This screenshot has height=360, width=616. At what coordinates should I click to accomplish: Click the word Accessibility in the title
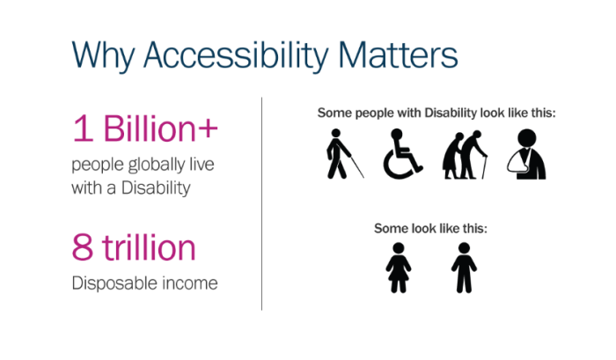pos(236,55)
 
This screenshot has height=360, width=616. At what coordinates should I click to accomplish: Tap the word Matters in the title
pos(398,55)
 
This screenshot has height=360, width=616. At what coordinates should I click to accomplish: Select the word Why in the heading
pos(103,55)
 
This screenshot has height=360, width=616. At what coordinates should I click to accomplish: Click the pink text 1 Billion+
pos(145,129)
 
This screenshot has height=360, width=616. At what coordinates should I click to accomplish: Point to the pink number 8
pos(83,247)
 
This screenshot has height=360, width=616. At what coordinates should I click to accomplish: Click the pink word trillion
pos(149,246)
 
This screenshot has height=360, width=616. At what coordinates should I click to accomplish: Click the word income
pos(190,283)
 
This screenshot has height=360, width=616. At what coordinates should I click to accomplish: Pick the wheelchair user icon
pos(401,154)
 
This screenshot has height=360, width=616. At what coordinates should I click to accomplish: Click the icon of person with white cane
pos(343,154)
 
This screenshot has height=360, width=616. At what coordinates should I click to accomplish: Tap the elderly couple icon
pos(466,155)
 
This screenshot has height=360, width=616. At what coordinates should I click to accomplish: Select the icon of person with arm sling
pos(526,154)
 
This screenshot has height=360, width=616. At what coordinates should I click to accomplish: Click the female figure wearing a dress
pos(399,268)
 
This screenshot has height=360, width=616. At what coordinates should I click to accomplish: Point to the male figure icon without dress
pos(464,268)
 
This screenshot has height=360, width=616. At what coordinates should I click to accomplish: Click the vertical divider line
pos(261,203)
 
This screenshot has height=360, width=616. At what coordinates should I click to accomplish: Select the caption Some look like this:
pos(430,228)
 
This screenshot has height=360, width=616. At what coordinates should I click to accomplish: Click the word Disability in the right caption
pos(451,114)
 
